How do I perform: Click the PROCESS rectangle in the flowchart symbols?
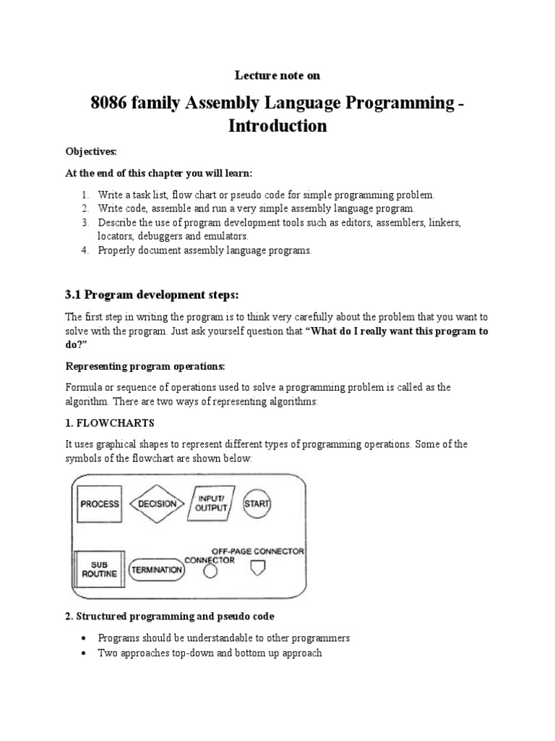(x=99, y=504)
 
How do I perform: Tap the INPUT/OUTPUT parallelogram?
(x=211, y=504)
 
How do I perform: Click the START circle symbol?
(x=257, y=504)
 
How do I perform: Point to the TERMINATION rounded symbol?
(x=156, y=570)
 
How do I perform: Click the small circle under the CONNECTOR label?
(x=210, y=572)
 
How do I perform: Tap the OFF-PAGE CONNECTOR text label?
(x=257, y=551)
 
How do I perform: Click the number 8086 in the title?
(x=109, y=103)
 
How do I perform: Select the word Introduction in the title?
(x=277, y=126)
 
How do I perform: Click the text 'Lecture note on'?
(x=277, y=75)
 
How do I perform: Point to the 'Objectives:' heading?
(x=90, y=151)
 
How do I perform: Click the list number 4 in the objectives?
(x=84, y=250)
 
